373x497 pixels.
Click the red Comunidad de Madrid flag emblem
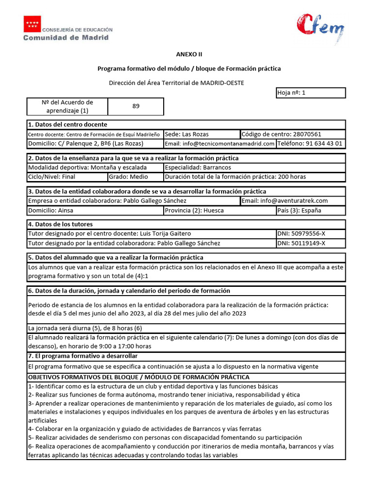point(32,24)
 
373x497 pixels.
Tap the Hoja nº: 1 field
point(310,93)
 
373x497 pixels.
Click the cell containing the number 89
point(136,106)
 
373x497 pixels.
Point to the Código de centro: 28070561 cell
point(292,134)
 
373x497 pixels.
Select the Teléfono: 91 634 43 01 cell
point(310,144)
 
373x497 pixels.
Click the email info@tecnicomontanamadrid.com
point(220,144)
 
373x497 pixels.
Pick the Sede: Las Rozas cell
point(202,134)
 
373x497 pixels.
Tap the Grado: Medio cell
point(136,177)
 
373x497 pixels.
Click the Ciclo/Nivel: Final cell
point(67,177)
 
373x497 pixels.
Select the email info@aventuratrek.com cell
point(292,201)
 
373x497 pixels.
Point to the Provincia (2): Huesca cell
point(219,211)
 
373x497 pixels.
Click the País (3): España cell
point(310,211)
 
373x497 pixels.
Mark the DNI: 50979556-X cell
point(310,234)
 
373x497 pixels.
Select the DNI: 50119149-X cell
point(310,243)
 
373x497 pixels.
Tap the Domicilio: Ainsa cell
point(95,211)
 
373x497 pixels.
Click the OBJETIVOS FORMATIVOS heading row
point(186,377)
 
